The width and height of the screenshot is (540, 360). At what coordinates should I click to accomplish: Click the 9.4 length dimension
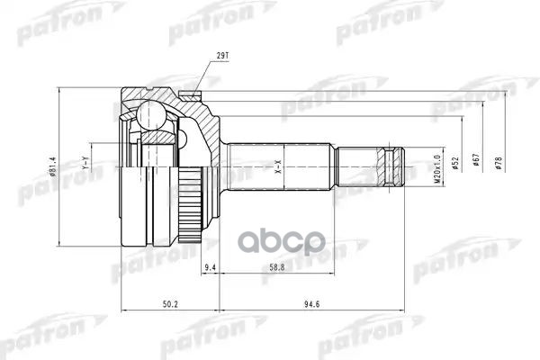pos(211,268)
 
